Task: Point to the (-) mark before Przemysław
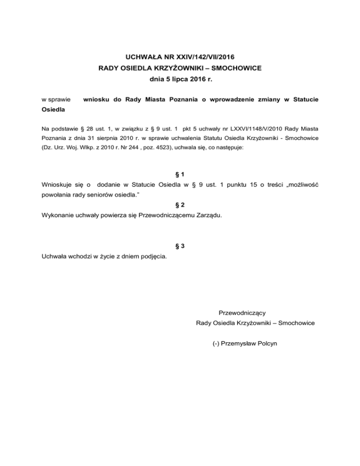[216, 343]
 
